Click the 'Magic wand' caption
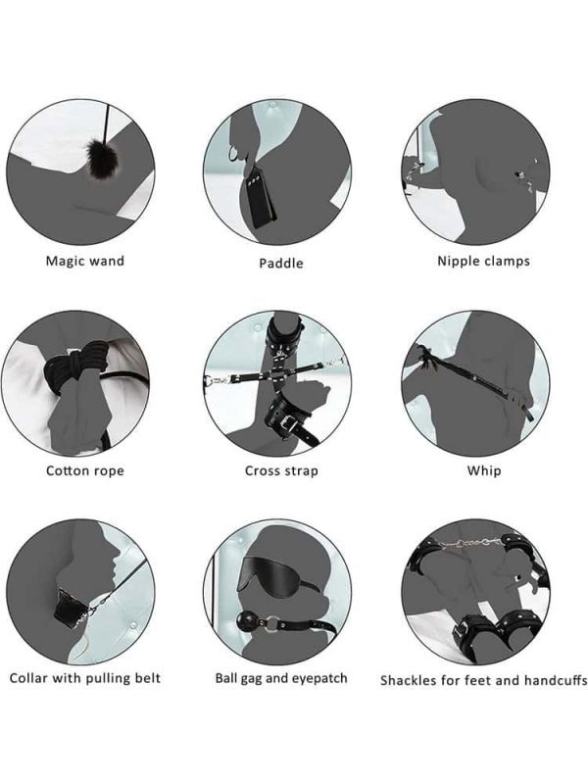tap(85, 261)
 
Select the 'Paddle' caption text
tap(281, 263)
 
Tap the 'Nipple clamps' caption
tap(483, 261)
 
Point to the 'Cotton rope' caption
tap(85, 470)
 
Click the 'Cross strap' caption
tap(281, 470)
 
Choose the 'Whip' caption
tap(484, 470)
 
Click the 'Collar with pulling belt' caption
tap(85, 678)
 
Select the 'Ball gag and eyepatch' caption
tap(281, 678)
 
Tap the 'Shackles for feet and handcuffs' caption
tap(483, 680)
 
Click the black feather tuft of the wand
tap(100, 159)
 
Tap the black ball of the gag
tap(247, 622)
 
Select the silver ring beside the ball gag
tap(272, 623)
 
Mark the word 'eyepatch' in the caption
tap(319, 679)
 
